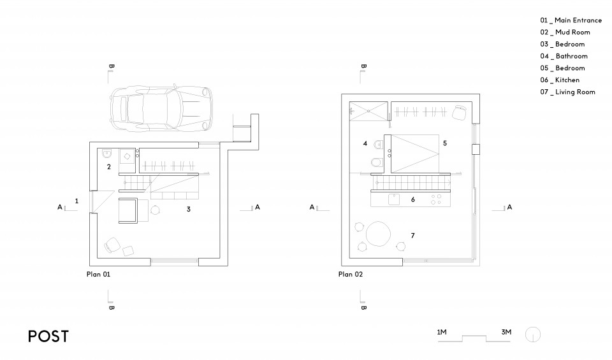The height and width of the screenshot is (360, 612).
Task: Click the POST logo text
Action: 48,337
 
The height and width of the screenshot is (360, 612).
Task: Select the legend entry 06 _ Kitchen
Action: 560,80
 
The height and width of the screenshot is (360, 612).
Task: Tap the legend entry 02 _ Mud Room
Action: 565,32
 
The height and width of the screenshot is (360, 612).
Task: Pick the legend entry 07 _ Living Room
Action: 567,92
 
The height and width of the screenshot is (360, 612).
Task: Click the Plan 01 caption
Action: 99,275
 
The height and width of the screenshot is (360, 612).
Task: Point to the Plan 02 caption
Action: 351,275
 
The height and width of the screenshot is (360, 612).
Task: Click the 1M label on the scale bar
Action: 441,333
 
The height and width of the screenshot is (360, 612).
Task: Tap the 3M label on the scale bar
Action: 506,333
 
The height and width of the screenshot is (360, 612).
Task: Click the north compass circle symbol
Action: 533,334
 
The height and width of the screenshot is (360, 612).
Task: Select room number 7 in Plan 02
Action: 412,236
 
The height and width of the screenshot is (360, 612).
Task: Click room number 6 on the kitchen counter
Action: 412,199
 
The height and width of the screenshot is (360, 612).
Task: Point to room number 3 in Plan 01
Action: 188,208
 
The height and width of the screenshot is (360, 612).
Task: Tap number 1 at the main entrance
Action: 76,201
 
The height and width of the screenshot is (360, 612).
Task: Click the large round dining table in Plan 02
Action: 379,233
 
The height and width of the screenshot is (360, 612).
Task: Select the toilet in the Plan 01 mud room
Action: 107,153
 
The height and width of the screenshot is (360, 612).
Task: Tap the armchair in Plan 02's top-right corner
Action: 458,112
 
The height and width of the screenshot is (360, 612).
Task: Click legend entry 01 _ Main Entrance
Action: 571,20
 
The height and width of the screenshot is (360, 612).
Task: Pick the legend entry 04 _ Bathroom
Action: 563,56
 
